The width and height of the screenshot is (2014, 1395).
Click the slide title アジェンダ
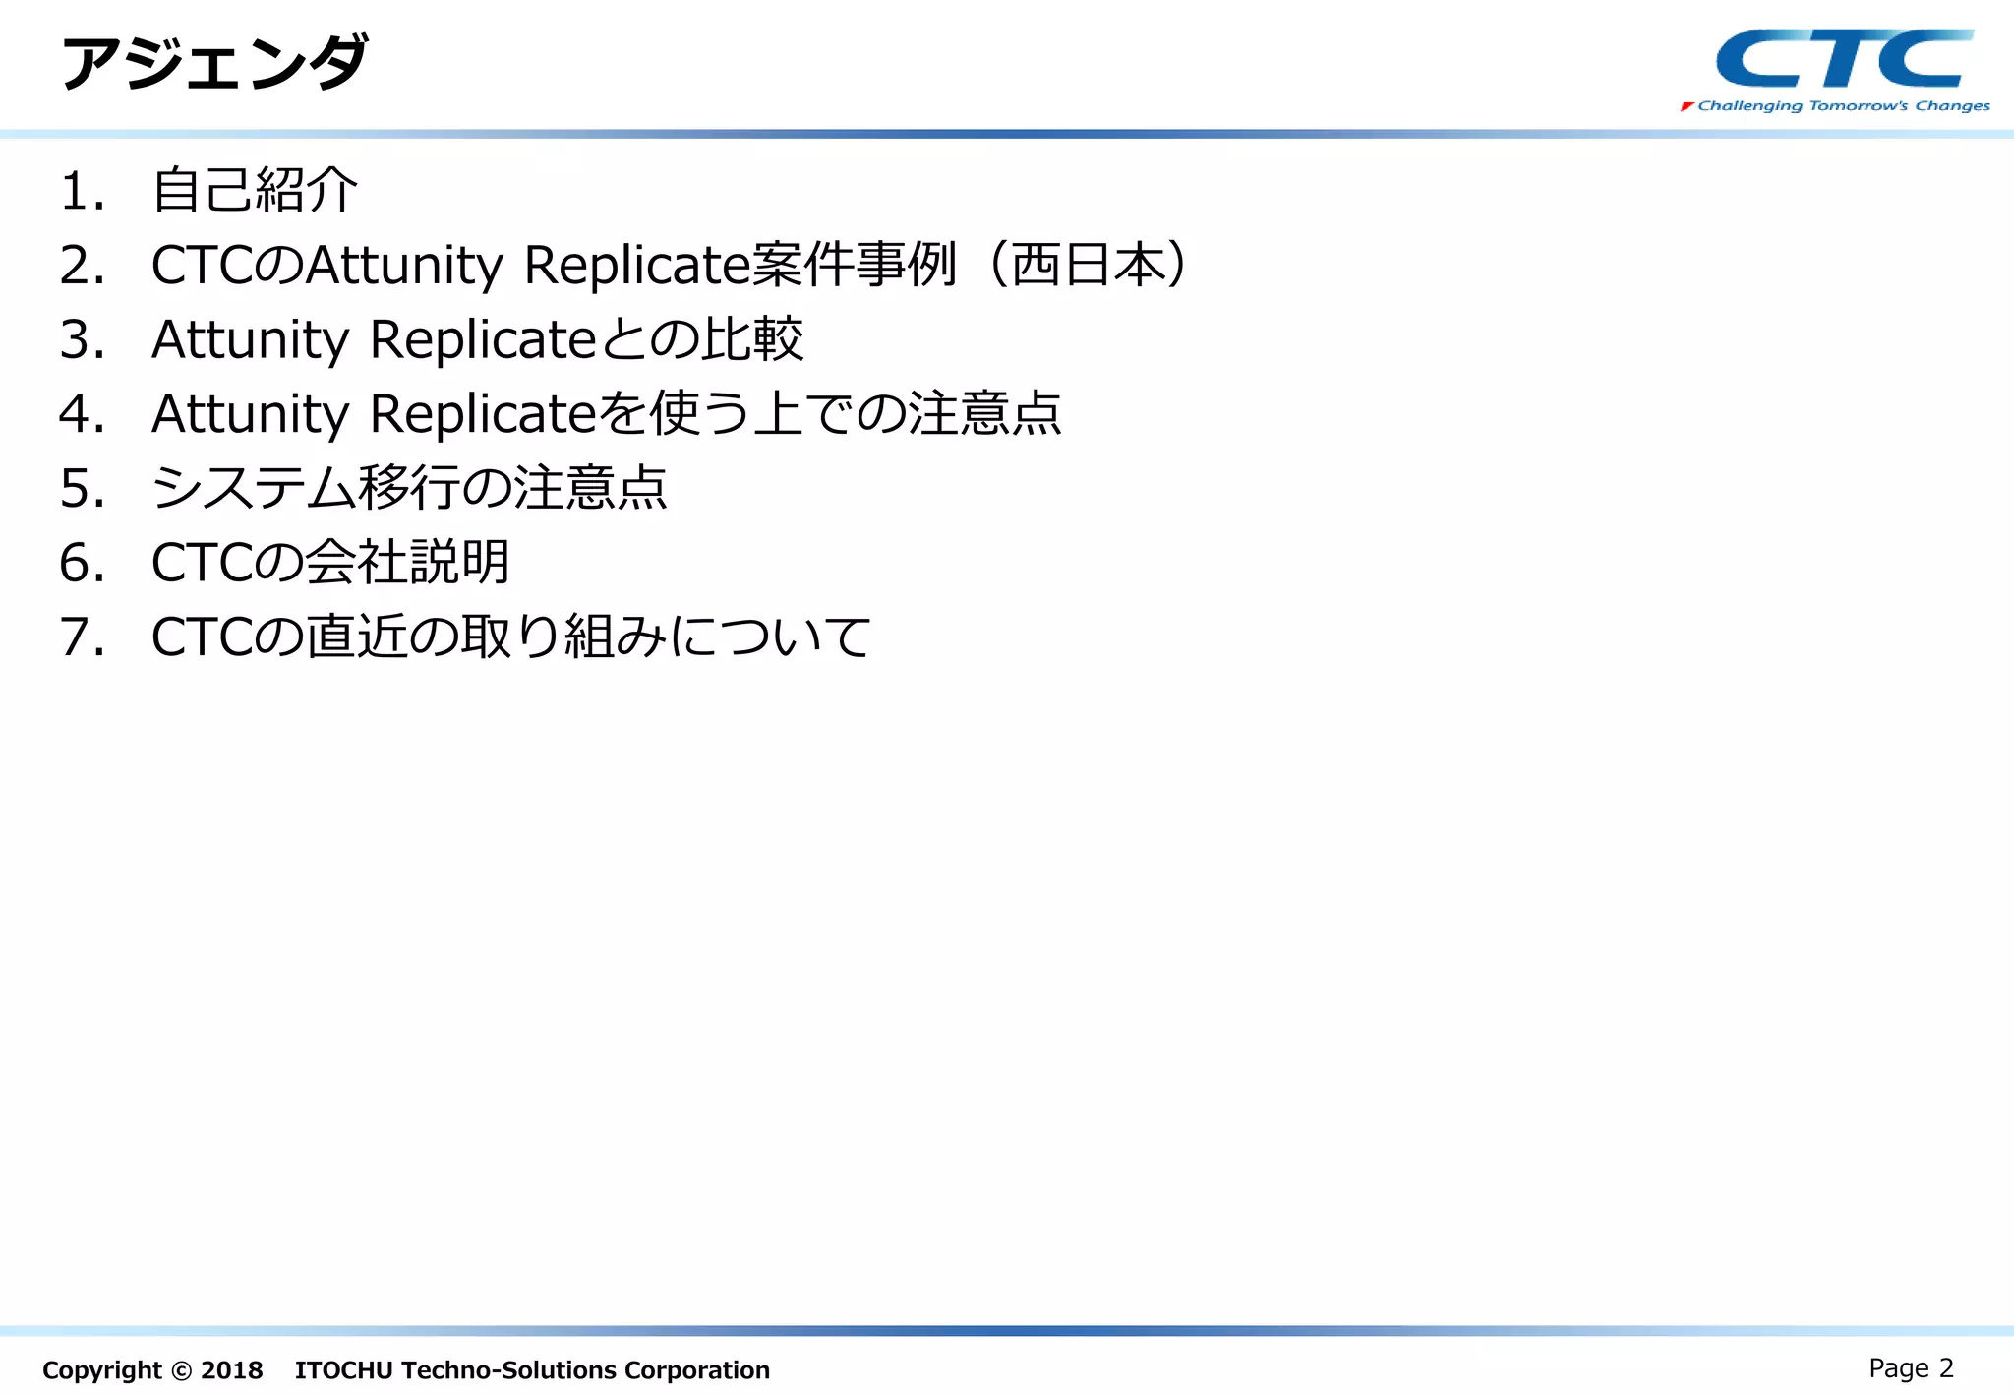(x=214, y=63)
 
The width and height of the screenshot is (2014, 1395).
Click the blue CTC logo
(x=1844, y=59)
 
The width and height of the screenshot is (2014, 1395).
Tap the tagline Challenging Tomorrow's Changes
(x=1843, y=106)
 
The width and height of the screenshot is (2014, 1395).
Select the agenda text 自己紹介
(x=255, y=190)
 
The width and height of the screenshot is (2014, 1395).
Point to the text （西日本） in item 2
(x=1089, y=265)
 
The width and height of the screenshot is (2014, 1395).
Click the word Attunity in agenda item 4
(x=250, y=414)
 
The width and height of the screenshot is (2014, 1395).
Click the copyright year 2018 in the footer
(x=231, y=1370)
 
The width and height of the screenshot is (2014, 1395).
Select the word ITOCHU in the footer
(x=344, y=1370)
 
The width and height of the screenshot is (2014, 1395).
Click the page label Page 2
(x=1910, y=1368)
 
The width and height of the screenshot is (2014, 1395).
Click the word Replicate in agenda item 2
(x=637, y=266)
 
